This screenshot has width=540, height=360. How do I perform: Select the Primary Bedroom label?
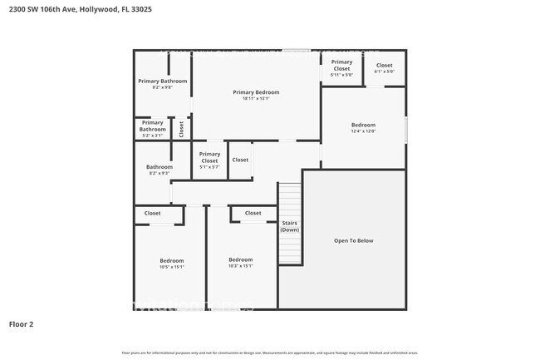coord(255,91)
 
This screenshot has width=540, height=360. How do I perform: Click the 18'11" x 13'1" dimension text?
coord(255,99)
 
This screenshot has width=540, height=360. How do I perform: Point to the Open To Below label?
coord(354,240)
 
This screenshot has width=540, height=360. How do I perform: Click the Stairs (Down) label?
coord(290,225)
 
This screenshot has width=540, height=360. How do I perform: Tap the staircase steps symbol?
coord(290,200)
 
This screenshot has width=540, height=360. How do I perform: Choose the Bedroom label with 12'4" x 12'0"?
coord(363,125)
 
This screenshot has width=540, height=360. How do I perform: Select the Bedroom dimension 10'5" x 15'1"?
coord(171,267)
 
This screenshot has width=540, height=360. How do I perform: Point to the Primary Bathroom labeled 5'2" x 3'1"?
coord(152,129)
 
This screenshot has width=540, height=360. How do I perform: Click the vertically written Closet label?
coord(181,128)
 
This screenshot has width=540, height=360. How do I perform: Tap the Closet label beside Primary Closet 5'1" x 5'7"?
coord(240,160)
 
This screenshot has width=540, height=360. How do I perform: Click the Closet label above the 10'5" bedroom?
coord(153,213)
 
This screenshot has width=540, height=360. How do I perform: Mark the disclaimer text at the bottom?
coord(270,353)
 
